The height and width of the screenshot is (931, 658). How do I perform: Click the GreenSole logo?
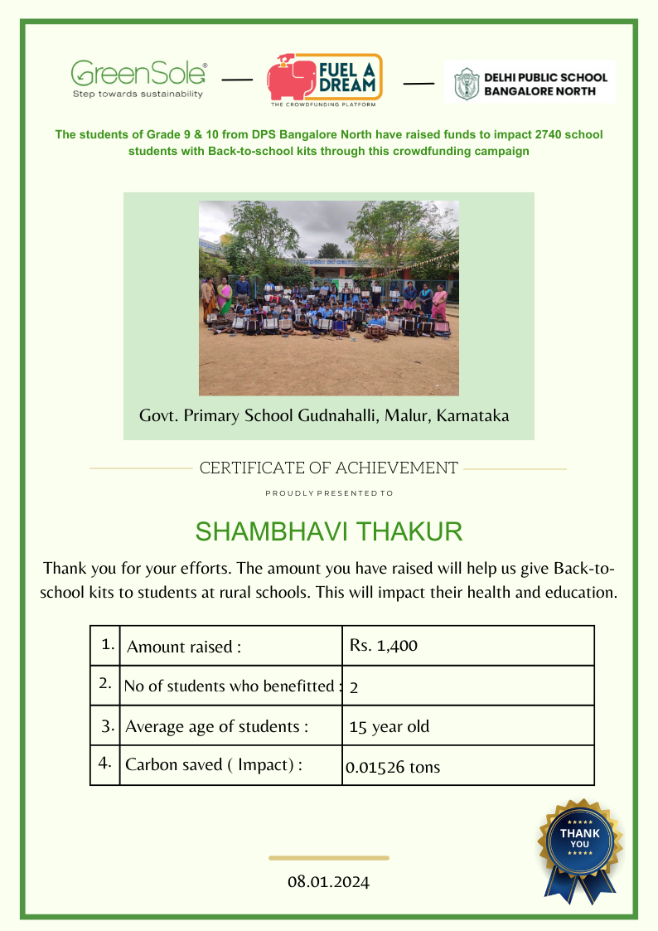138,79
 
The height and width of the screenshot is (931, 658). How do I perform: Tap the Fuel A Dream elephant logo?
324,80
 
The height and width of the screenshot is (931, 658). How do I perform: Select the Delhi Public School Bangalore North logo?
530,81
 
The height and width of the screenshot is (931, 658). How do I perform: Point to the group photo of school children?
328,298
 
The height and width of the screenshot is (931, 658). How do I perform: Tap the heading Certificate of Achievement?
328,468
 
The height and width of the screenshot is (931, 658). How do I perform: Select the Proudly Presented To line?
328,493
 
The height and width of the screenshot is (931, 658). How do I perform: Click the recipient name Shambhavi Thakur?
328,531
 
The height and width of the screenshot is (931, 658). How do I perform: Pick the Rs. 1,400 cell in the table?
384,645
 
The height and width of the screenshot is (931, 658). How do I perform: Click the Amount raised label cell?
184,647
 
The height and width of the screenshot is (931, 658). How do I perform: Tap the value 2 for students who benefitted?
354,687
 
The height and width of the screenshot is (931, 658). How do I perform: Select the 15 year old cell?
389,727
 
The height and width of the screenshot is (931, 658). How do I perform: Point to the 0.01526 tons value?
393,768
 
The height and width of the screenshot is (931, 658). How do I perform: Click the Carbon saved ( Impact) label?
213,764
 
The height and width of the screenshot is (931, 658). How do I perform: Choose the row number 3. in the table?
107,726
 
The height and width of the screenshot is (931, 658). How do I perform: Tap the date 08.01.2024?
328,881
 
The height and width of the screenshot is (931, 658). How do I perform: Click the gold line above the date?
328,858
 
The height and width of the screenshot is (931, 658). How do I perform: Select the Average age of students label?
216,727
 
